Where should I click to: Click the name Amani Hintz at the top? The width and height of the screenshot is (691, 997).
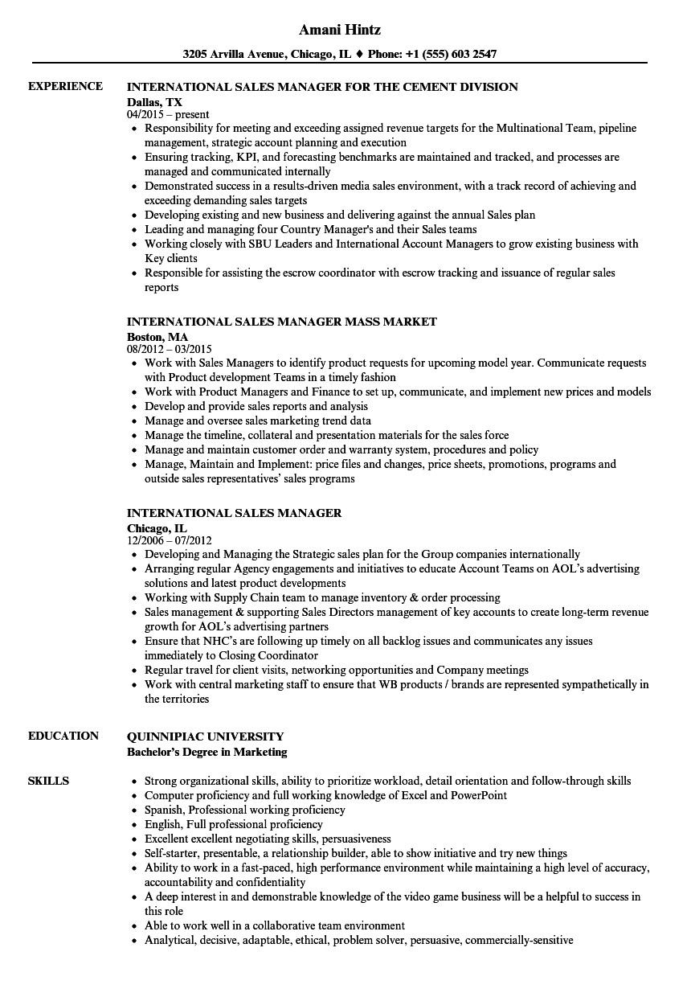click(339, 30)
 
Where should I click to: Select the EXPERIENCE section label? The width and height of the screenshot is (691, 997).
click(65, 86)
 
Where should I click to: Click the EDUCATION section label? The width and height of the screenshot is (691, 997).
click(63, 736)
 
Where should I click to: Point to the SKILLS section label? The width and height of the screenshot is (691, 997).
click(48, 781)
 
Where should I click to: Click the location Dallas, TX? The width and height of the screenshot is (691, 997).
click(155, 101)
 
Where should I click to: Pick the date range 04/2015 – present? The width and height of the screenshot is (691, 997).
click(168, 115)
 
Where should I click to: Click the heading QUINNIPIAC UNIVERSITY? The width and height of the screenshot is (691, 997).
click(206, 736)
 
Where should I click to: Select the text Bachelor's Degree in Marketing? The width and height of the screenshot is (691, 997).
click(207, 752)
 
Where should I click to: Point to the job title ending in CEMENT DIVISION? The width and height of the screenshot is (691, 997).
click(322, 86)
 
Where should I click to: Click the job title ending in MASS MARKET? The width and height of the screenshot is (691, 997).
click(282, 322)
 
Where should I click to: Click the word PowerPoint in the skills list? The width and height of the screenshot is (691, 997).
click(479, 795)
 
